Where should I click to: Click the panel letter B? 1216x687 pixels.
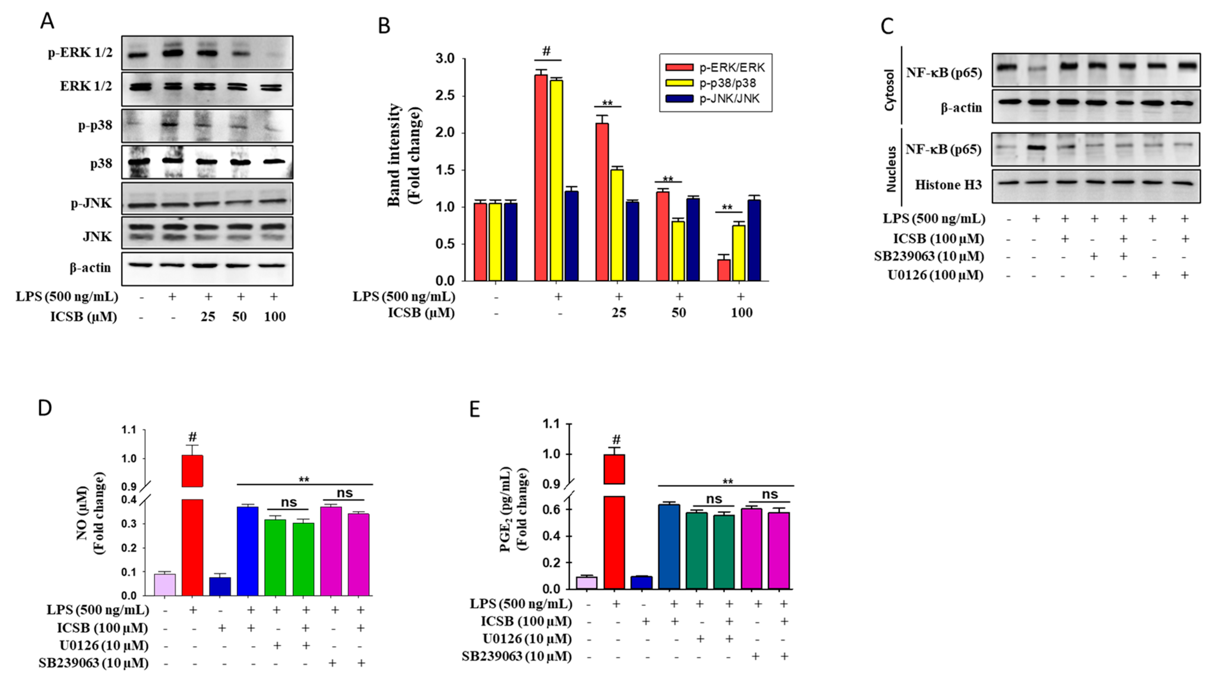[384, 26]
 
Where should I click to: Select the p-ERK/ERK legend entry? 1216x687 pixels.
[731, 68]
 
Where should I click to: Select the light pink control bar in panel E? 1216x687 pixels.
[586, 583]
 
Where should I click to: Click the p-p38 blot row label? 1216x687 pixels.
[95, 125]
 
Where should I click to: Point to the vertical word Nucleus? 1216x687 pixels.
[891, 169]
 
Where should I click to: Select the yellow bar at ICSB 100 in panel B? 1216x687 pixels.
[738, 253]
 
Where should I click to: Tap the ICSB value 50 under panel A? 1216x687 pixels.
[239, 317]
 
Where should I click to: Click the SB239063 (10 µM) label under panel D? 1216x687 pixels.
[93, 663]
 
